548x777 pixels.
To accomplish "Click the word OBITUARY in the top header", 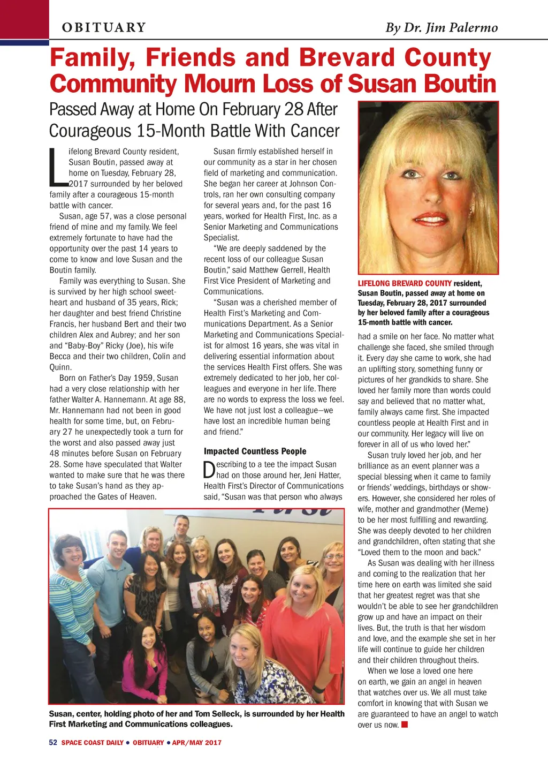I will [x=104, y=27].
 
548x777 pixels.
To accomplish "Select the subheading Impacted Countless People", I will [x=255, y=451].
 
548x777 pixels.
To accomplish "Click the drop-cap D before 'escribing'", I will [x=209, y=470].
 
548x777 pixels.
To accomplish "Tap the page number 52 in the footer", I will [x=53, y=742].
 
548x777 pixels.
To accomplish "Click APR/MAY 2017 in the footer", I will [x=196, y=742].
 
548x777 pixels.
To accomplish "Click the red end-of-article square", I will [x=405, y=725].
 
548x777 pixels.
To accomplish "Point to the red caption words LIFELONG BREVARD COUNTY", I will [x=405, y=283].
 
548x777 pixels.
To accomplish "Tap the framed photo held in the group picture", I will [x=204, y=596].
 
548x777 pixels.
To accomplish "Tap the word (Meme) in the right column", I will [x=475, y=509].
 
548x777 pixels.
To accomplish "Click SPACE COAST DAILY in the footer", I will [x=92, y=742].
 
